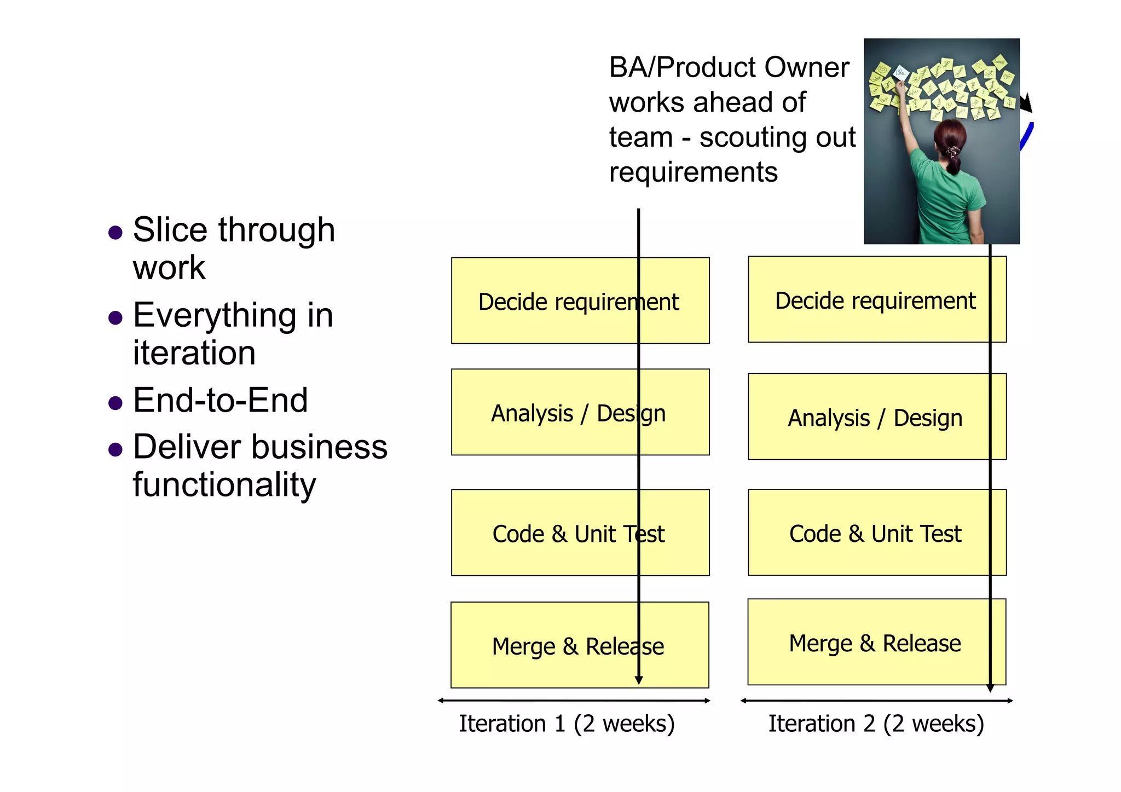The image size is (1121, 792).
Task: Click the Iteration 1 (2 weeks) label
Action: point(567,724)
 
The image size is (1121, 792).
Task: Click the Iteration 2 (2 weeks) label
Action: point(876,724)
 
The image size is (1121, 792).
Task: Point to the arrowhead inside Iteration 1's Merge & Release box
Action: point(638,680)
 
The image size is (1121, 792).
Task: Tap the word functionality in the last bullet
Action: point(224,485)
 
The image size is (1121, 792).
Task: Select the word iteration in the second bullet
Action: point(194,353)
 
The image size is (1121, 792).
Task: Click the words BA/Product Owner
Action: point(729,68)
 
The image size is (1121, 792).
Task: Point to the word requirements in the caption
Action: point(693,173)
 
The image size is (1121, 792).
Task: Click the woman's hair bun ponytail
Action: point(953,153)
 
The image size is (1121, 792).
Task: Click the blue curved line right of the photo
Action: point(1026,137)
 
